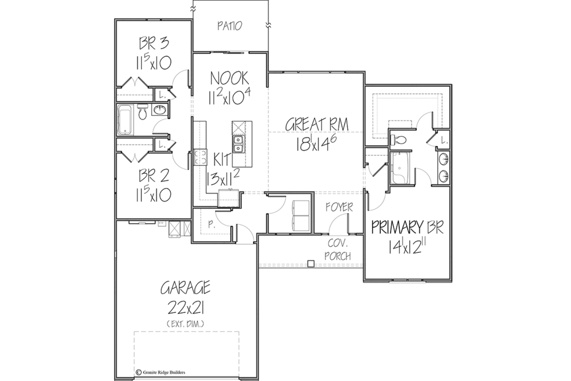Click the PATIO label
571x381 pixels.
[x=230, y=26]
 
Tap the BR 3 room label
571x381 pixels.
[x=154, y=43]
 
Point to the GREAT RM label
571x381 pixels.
[x=317, y=125]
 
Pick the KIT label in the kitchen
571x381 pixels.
[x=222, y=160]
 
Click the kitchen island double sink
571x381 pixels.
[x=238, y=144]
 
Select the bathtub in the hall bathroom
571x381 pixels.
[x=125, y=120]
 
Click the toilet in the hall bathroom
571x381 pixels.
[x=142, y=112]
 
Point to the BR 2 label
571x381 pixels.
[x=154, y=176]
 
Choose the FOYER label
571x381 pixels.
[x=339, y=207]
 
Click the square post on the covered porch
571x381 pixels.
[x=311, y=264]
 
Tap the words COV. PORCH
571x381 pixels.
[x=338, y=250]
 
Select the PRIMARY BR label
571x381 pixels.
[x=407, y=227]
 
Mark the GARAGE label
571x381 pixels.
[x=185, y=288]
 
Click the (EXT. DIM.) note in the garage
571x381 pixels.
[x=185, y=324]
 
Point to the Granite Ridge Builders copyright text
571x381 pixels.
[x=161, y=373]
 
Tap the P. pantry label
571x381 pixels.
[x=211, y=224]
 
